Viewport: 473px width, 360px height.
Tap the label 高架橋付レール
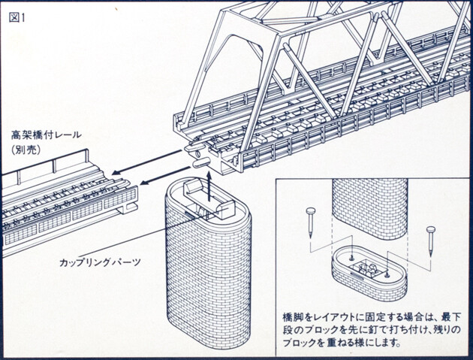(x=47, y=136)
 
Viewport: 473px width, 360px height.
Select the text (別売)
(x=26, y=150)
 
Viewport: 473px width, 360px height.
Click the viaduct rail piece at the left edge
(x=60, y=203)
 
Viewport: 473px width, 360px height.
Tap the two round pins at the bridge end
(x=197, y=156)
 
